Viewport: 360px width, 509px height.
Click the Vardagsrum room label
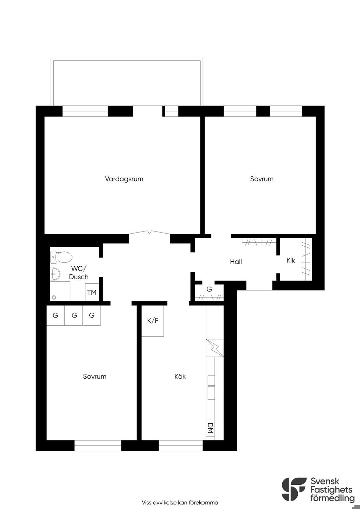[124, 179]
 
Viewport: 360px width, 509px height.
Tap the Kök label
[180, 377]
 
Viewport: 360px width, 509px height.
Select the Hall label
[236, 262]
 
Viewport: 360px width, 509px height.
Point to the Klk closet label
[290, 260]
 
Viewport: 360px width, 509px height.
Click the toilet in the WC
[61, 257]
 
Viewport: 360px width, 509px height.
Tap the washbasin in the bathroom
[55, 274]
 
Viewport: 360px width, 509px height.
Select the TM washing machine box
[92, 292]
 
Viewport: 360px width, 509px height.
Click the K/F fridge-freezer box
[153, 321]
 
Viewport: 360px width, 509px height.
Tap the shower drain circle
[54, 297]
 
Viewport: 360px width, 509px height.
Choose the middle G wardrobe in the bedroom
[74, 315]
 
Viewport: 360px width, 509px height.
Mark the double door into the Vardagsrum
[149, 232]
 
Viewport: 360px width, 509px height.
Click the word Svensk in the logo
[325, 481]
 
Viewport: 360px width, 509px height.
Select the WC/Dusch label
[79, 273]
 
